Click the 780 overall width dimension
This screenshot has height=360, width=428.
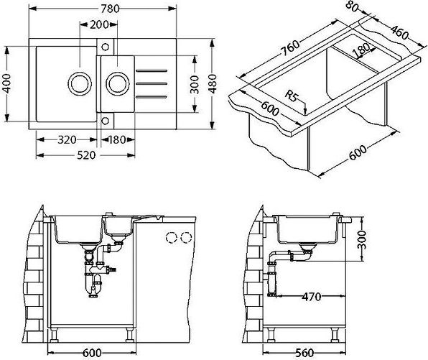[x=110, y=9]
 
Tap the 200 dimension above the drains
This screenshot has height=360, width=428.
[x=99, y=24]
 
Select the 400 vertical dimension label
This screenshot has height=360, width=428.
[x=7, y=83]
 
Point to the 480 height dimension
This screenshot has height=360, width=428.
[x=213, y=83]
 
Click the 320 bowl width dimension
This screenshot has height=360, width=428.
[x=67, y=140]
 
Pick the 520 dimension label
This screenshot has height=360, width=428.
[x=86, y=155]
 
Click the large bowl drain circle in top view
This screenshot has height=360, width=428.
[x=80, y=83]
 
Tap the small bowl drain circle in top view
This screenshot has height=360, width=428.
[x=118, y=83]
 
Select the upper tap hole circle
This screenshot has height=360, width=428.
[x=105, y=47]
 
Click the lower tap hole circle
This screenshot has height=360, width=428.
[x=105, y=121]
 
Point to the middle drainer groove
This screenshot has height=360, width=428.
[x=152, y=83]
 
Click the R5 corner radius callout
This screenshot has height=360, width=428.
[x=292, y=96]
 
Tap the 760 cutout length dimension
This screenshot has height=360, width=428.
[x=289, y=47]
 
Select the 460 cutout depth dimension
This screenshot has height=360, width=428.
[x=399, y=33]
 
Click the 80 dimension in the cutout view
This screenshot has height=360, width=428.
[x=352, y=7]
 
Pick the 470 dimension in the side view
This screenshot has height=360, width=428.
[x=312, y=296]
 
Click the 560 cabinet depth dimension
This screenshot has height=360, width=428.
[x=304, y=353]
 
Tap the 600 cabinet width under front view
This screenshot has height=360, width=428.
[x=92, y=353]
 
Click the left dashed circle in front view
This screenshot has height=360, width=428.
[x=171, y=237]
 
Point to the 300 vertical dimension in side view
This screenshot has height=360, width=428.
[x=362, y=239]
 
